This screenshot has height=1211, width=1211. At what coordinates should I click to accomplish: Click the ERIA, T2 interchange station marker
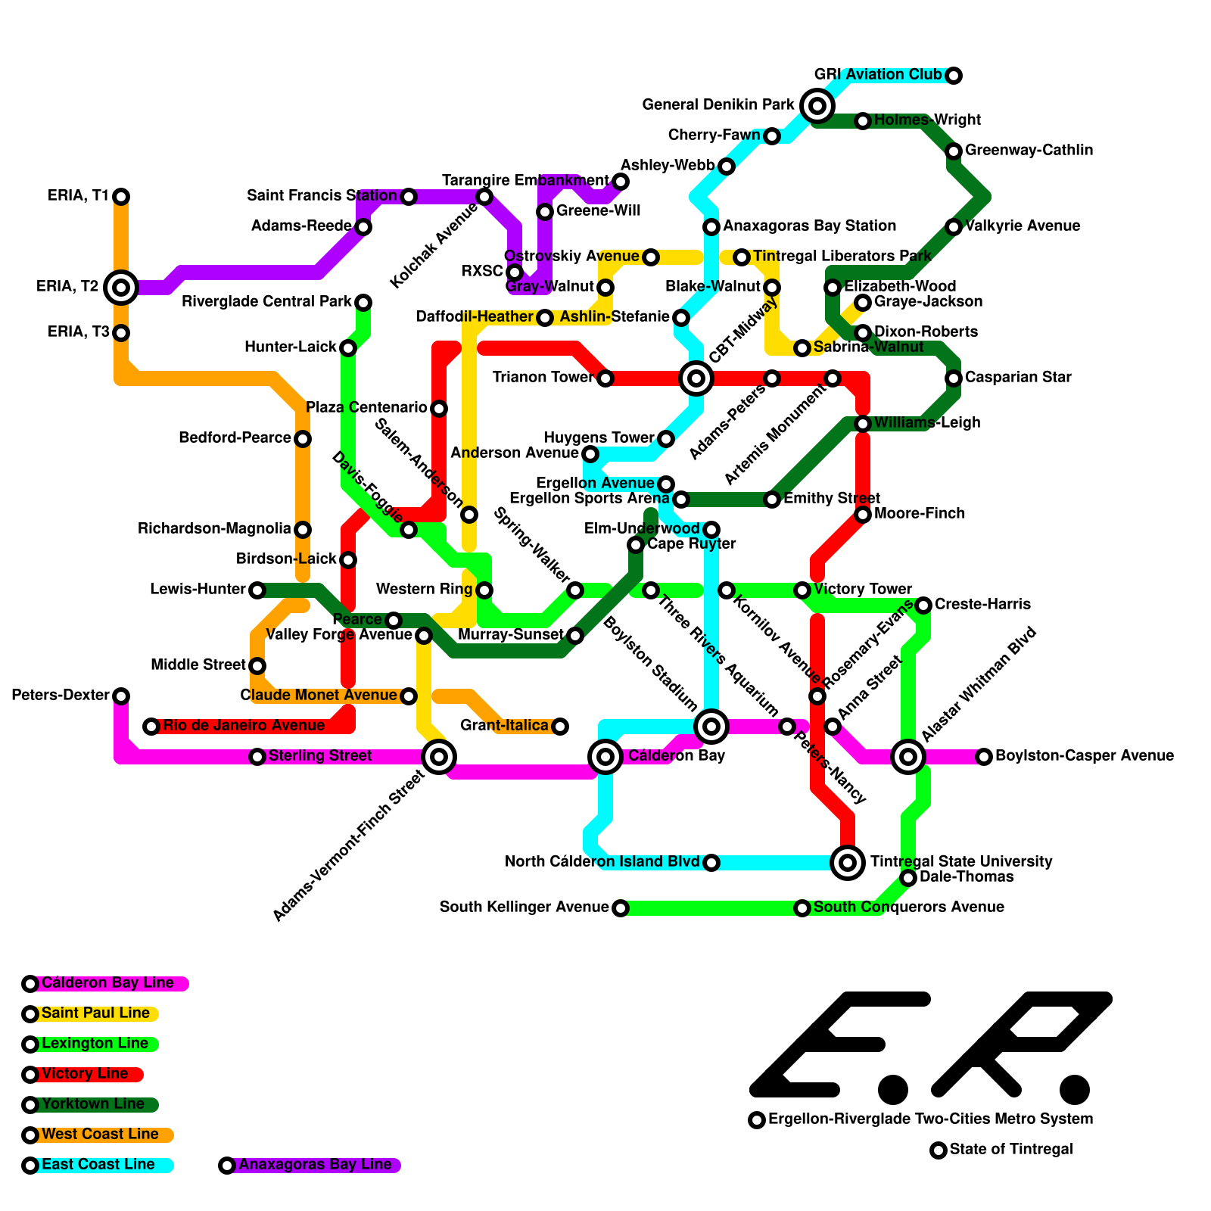(121, 288)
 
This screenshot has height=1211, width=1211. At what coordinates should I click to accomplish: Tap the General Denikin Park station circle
(817, 106)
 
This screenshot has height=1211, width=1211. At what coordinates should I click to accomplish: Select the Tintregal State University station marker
(848, 863)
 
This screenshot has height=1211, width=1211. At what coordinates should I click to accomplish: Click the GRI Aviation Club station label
(877, 75)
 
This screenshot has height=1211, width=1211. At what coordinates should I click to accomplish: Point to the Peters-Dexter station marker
(121, 696)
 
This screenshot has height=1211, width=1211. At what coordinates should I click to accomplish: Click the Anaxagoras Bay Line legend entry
(314, 1165)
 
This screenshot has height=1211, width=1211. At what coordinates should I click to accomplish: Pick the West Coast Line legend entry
(99, 1135)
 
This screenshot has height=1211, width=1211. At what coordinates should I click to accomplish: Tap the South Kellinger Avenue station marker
(621, 908)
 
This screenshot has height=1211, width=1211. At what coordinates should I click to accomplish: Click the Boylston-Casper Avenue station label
(1084, 756)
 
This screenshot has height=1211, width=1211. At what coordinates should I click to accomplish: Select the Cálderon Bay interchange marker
(605, 757)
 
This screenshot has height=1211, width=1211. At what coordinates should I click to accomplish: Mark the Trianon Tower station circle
(605, 378)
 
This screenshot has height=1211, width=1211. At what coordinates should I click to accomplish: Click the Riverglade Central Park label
(266, 302)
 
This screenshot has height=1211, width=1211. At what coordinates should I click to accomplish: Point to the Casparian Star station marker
(954, 378)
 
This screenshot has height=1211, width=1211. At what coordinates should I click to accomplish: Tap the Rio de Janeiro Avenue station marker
(151, 727)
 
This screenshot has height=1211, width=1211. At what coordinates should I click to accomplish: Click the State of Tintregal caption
(1010, 1150)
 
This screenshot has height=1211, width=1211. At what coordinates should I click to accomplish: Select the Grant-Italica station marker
(560, 727)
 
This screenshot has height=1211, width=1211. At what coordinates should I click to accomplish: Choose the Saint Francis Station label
(322, 196)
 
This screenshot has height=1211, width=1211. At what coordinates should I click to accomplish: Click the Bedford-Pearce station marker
(303, 439)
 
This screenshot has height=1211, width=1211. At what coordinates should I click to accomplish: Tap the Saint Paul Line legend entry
(95, 1013)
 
